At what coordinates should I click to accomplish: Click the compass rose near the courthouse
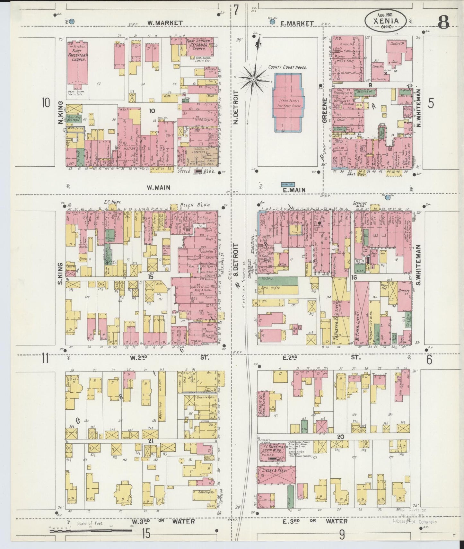pyautogui.click(x=253, y=79)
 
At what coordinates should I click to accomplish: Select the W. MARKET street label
pyautogui.click(x=165, y=23)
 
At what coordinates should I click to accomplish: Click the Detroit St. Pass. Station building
pyautogui.click(x=265, y=403)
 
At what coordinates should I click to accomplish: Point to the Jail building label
pyautogui.click(x=394, y=63)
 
